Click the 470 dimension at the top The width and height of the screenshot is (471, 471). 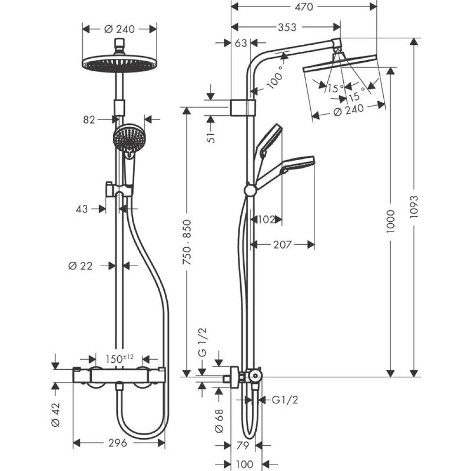pyautogui.click(x=303, y=7)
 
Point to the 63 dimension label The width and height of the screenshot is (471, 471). pyautogui.click(x=241, y=43)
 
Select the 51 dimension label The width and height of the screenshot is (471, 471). pyautogui.click(x=212, y=137)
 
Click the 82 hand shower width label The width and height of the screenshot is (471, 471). pyautogui.click(x=89, y=120)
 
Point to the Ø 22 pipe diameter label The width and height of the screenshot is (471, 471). pyautogui.click(x=80, y=266)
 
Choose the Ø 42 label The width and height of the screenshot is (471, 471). pyautogui.click(x=56, y=416)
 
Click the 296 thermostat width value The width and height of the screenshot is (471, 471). pyautogui.click(x=118, y=443)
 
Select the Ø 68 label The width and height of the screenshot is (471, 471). pyautogui.click(x=219, y=421)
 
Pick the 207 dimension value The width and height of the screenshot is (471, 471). pyautogui.click(x=282, y=244)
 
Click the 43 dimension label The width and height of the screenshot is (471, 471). pyautogui.click(x=82, y=209)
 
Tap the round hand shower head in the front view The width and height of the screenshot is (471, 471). pyautogui.click(x=128, y=138)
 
